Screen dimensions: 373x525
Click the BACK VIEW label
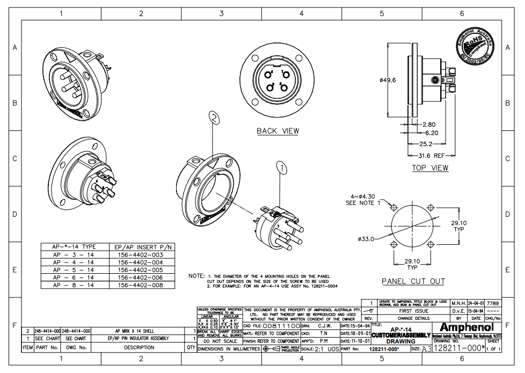click(x=278, y=131)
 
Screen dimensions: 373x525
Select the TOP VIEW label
click(x=430, y=168)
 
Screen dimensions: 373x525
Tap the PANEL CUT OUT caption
click(x=413, y=281)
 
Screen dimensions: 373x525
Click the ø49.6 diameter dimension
click(x=387, y=81)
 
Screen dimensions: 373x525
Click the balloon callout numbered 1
click(x=283, y=169)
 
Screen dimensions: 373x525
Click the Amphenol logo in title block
click(x=466, y=327)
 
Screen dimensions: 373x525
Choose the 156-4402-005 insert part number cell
click(x=140, y=270)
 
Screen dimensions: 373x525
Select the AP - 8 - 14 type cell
click(x=74, y=285)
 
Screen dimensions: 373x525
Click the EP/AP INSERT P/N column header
click(x=140, y=247)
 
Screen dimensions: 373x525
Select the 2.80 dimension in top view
click(x=428, y=125)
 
